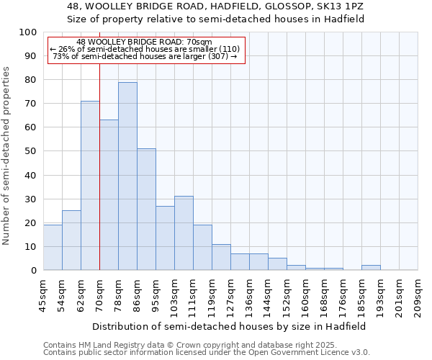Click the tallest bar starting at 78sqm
tap(127, 176)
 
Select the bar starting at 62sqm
tap(90, 186)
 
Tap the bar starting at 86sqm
tap(146, 210)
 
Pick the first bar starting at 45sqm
tap(53, 248)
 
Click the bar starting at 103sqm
tap(184, 233)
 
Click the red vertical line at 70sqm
tap(99, 144)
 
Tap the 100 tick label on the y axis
tap(28, 32)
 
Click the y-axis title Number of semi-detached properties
tap(7, 156)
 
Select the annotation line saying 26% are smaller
tap(145, 49)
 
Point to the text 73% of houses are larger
tap(145, 56)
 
